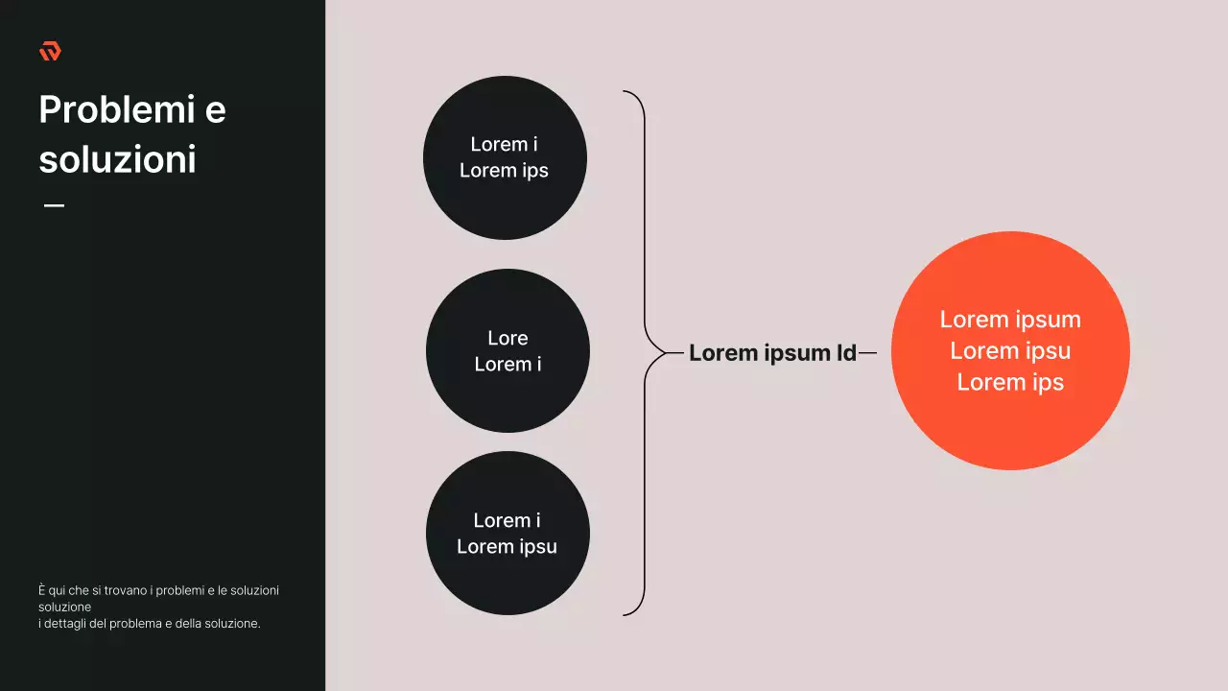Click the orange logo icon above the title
tap(50, 51)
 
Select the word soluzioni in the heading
tap(117, 159)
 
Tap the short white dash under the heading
tap(54, 205)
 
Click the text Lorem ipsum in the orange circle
tap(1010, 320)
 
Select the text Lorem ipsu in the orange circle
tap(1010, 351)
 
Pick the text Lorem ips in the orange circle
tap(1010, 382)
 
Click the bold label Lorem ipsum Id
tap(772, 353)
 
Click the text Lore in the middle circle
tap(508, 338)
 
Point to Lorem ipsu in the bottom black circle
tap(507, 547)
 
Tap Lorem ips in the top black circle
tap(504, 171)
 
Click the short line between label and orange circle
tap(867, 353)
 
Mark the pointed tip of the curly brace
tap(669, 353)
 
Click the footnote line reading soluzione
tap(65, 608)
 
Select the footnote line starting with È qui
tap(158, 590)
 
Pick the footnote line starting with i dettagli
tap(149, 624)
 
